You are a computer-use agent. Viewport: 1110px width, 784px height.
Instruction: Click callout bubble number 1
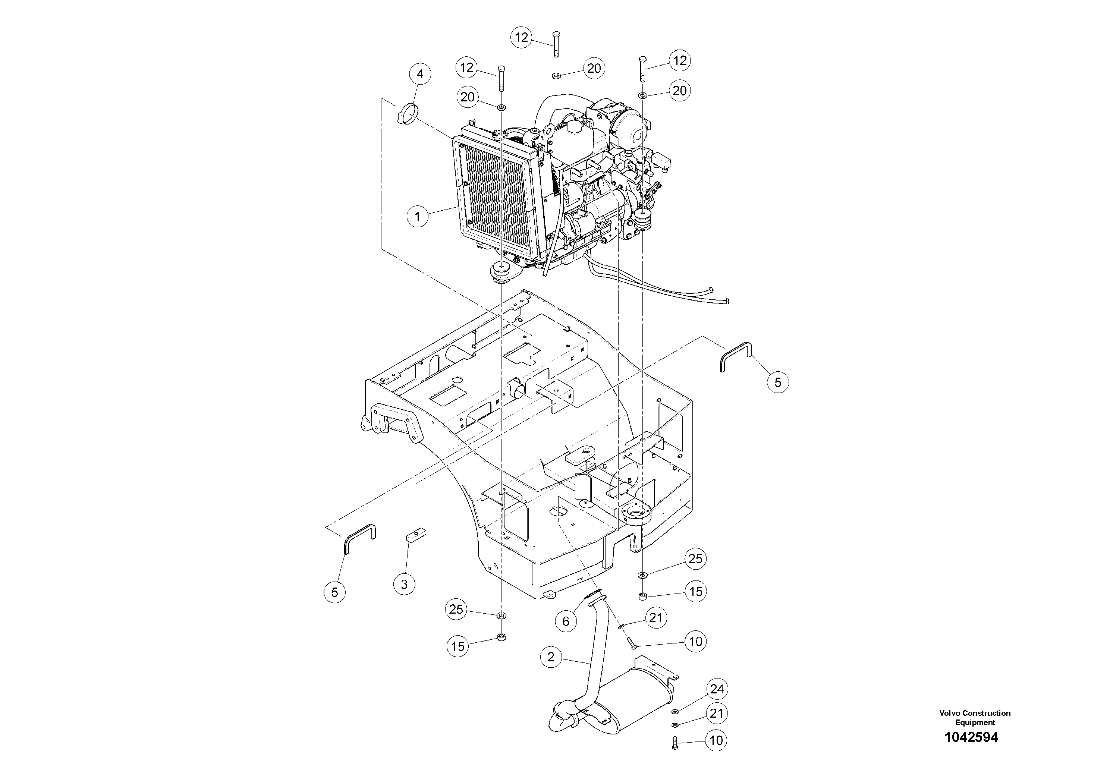[x=417, y=216]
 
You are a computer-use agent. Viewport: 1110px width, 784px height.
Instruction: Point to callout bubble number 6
[x=566, y=621]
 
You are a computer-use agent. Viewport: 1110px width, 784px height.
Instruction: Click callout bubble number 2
[x=551, y=657]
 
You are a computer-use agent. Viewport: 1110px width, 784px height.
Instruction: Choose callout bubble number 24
[x=717, y=689]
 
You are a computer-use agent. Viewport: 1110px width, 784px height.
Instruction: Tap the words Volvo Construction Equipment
[x=975, y=717]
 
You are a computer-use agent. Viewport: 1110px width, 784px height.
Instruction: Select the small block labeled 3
[x=414, y=536]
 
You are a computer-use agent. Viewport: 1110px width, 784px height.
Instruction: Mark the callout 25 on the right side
[x=695, y=559]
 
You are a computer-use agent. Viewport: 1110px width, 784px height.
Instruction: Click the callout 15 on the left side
[x=458, y=646]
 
